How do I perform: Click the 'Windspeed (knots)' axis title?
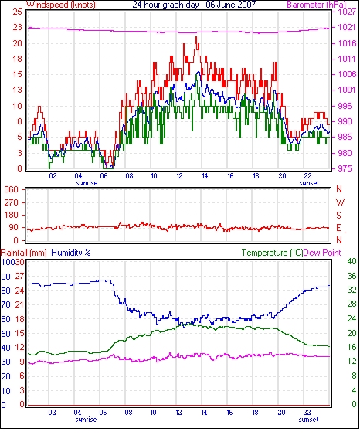pyautogui.click(x=61, y=5)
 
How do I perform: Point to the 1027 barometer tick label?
pyautogui.click(x=346, y=12)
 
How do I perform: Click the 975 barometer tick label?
pyautogui.click(x=346, y=168)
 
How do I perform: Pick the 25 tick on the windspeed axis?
pyautogui.click(x=17, y=12)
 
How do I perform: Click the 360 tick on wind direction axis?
pyautogui.click(x=11, y=189)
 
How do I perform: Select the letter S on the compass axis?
pyautogui.click(x=339, y=215)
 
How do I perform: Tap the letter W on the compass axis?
pyautogui.click(x=340, y=202)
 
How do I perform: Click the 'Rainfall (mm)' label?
pyautogui.click(x=24, y=253)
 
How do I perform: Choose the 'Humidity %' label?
pyautogui.click(x=71, y=253)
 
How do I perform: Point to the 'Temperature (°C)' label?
pyautogui.click(x=272, y=253)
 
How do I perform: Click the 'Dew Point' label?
pyautogui.click(x=322, y=253)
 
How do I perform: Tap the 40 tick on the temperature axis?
pyautogui.click(x=352, y=261)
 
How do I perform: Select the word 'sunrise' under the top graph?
pyautogui.click(x=87, y=183)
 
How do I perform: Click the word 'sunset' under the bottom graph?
pyautogui.click(x=308, y=420)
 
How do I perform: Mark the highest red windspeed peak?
pyautogui.click(x=196, y=37)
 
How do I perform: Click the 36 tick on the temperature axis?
pyautogui.click(x=352, y=276)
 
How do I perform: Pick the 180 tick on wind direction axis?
pyautogui.click(x=11, y=215)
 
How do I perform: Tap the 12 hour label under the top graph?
pyautogui.click(x=179, y=176)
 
